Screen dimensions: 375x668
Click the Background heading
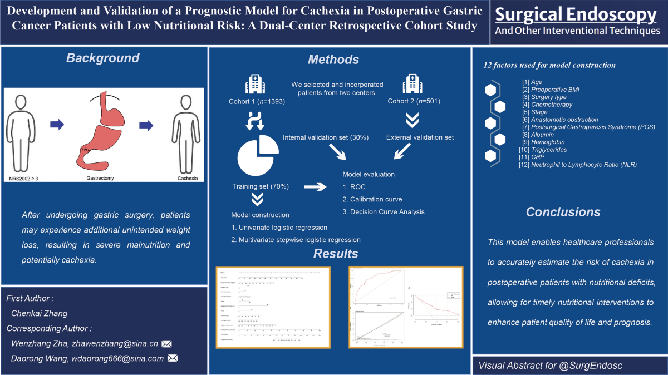pyautogui.click(x=103, y=58)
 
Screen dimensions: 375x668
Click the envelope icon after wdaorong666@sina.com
pyautogui.click(x=172, y=358)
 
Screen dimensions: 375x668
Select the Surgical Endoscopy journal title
pyautogui.click(x=577, y=14)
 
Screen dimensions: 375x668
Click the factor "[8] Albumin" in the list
pyautogui.click(x=532, y=135)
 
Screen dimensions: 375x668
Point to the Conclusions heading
pyautogui.click(x=563, y=212)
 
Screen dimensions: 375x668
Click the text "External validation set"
pyautogui.click(x=421, y=137)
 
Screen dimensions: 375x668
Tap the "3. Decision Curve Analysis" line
pyautogui.click(x=384, y=211)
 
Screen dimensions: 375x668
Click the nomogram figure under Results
pyautogui.click(x=273, y=308)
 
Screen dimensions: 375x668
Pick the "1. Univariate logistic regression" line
pyautogui.click(x=279, y=227)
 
